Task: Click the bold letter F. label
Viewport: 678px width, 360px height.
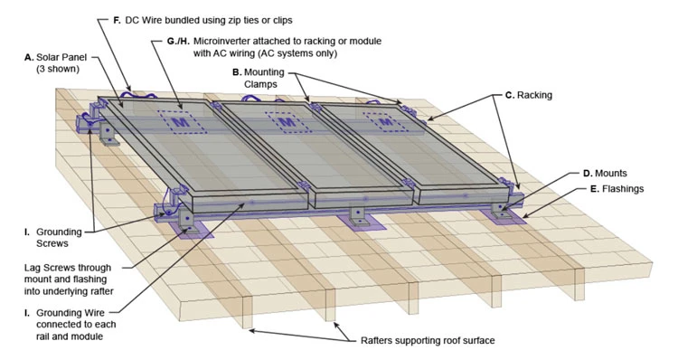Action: pyautogui.click(x=117, y=20)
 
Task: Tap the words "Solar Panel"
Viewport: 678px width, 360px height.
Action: pyautogui.click(x=61, y=57)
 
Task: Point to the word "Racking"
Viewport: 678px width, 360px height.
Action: pyautogui.click(x=534, y=95)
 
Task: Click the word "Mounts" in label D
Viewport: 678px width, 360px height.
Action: pyautogui.click(x=610, y=174)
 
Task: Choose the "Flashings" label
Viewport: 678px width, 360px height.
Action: pyautogui.click(x=623, y=189)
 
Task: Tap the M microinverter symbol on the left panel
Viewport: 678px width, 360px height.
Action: pyautogui.click(x=180, y=122)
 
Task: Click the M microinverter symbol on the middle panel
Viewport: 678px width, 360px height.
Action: pyautogui.click(x=287, y=122)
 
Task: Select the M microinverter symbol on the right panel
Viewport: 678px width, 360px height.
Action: pyautogui.click(x=385, y=122)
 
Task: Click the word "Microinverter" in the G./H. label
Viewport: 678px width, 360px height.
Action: pyautogui.click(x=221, y=41)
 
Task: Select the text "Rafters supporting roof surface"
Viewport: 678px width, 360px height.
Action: pyautogui.click(x=428, y=340)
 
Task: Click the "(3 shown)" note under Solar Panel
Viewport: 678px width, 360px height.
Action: pyautogui.click(x=58, y=69)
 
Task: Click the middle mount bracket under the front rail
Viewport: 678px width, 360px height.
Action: pyautogui.click(x=359, y=217)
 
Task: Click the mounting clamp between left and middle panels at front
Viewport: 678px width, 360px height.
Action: pyautogui.click(x=304, y=186)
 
